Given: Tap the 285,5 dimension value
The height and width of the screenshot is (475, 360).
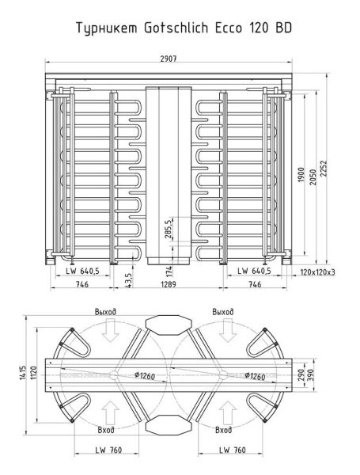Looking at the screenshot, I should coord(167,230).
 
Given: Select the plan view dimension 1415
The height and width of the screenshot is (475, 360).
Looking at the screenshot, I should coord(25,371).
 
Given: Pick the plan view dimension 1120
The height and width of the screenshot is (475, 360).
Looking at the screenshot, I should coord(34,371).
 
